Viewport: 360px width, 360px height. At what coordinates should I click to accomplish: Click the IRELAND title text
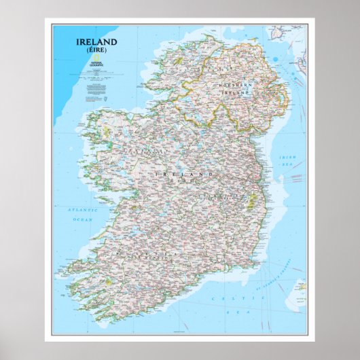tap(96, 41)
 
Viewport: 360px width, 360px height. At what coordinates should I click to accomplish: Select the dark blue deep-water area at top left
tap(65, 68)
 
